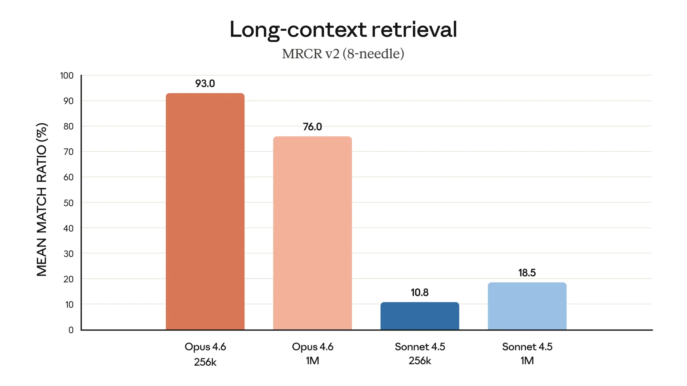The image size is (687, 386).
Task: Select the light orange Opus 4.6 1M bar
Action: [x=312, y=233]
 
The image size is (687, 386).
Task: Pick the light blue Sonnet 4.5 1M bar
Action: [x=527, y=306]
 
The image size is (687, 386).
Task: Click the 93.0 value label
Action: [x=205, y=84]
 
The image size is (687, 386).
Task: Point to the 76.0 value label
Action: [x=312, y=127]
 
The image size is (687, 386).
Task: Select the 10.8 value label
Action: [x=420, y=292]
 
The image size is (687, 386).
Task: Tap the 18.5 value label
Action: [x=527, y=273]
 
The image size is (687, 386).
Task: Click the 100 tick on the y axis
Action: [x=67, y=76]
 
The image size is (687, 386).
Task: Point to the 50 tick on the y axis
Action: [x=68, y=203]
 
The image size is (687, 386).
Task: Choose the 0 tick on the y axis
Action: [x=71, y=330]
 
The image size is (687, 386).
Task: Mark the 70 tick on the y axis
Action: [x=68, y=152]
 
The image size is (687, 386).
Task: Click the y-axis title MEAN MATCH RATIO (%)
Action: [x=42, y=200]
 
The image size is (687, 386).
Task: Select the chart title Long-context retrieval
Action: [x=343, y=29]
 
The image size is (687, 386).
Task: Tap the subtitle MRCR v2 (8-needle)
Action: [x=343, y=54]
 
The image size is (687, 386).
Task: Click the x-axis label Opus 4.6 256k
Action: [x=205, y=354]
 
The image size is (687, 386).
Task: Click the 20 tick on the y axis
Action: [x=68, y=279]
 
